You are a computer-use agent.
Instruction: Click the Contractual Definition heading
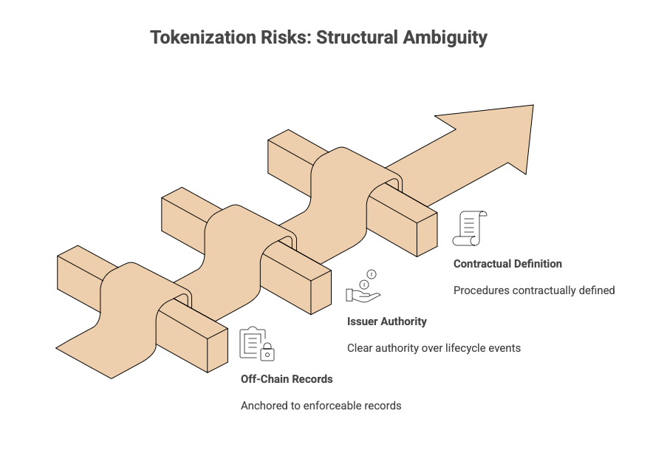(x=507, y=264)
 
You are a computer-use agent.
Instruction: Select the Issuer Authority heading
(x=386, y=321)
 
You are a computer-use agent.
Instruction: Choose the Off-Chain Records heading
(x=287, y=379)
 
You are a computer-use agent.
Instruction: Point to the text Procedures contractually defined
(x=534, y=290)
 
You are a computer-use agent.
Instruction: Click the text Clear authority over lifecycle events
(x=434, y=348)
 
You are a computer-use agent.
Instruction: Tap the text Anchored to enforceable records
(x=321, y=406)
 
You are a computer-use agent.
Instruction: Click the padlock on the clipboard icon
(x=267, y=354)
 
